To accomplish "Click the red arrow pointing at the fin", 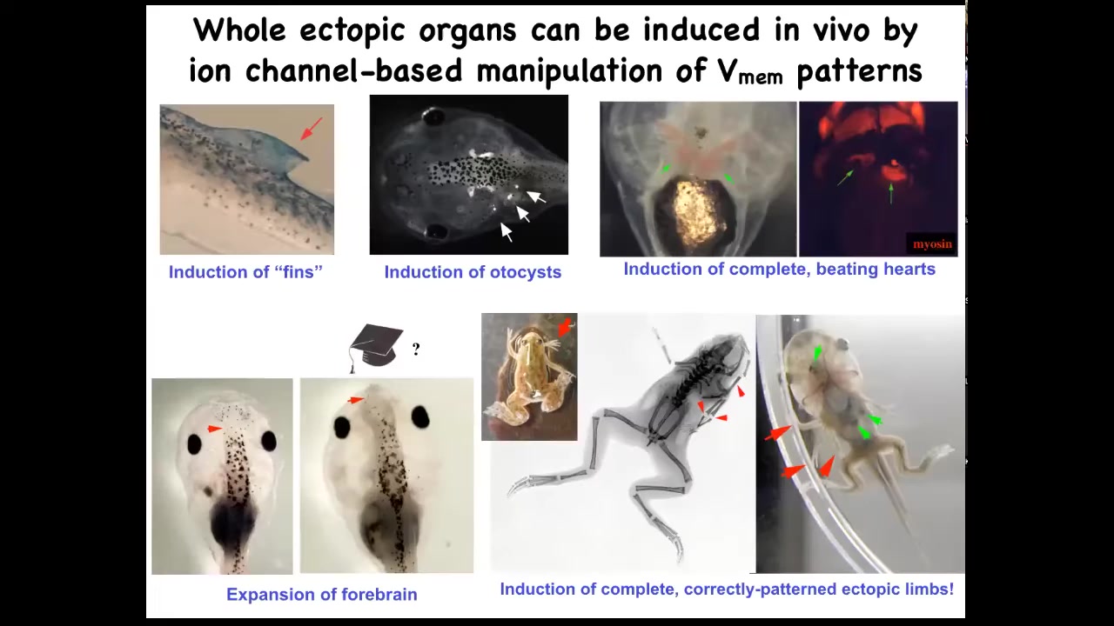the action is (312, 129).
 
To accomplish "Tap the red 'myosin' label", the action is (932, 244).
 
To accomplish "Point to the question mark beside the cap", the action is (416, 350).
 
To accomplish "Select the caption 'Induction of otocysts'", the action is (473, 272).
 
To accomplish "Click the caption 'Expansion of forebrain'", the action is (322, 594).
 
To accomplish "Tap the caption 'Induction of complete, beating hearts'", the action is (779, 269).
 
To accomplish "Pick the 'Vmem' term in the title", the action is (749, 72).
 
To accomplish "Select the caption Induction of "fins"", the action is (245, 272).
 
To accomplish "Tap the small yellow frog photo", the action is (529, 376).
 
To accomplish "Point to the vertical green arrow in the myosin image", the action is (890, 193).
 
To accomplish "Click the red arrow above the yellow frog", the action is (565, 327).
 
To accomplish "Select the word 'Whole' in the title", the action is (239, 30).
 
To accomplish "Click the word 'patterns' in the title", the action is (860, 72).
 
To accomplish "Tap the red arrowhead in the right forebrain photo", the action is (356, 400).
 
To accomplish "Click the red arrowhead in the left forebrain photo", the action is (215, 429).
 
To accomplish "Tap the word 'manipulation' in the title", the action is (569, 72).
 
